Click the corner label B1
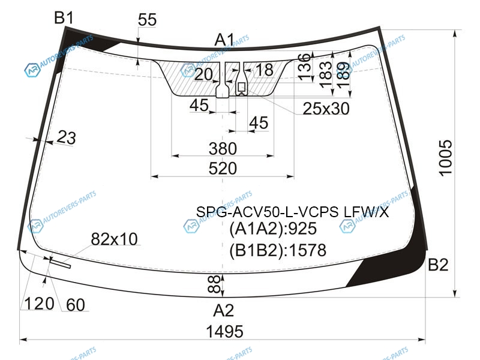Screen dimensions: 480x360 point(64,17)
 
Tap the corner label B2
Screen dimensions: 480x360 point(438,265)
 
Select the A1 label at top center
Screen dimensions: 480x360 point(224,40)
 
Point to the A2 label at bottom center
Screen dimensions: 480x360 point(223,310)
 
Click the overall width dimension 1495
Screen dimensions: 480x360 point(224,332)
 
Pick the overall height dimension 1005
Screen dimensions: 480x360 point(445,158)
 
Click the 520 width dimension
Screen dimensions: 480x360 point(223,169)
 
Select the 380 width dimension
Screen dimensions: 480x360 point(223,149)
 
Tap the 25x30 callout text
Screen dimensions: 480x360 point(326,109)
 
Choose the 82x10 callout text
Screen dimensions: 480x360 point(114,239)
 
